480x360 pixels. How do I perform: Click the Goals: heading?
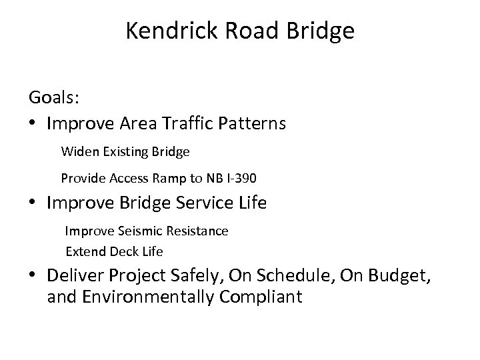point(54,97)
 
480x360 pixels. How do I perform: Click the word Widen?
point(77,151)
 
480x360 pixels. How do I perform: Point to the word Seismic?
point(133,231)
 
